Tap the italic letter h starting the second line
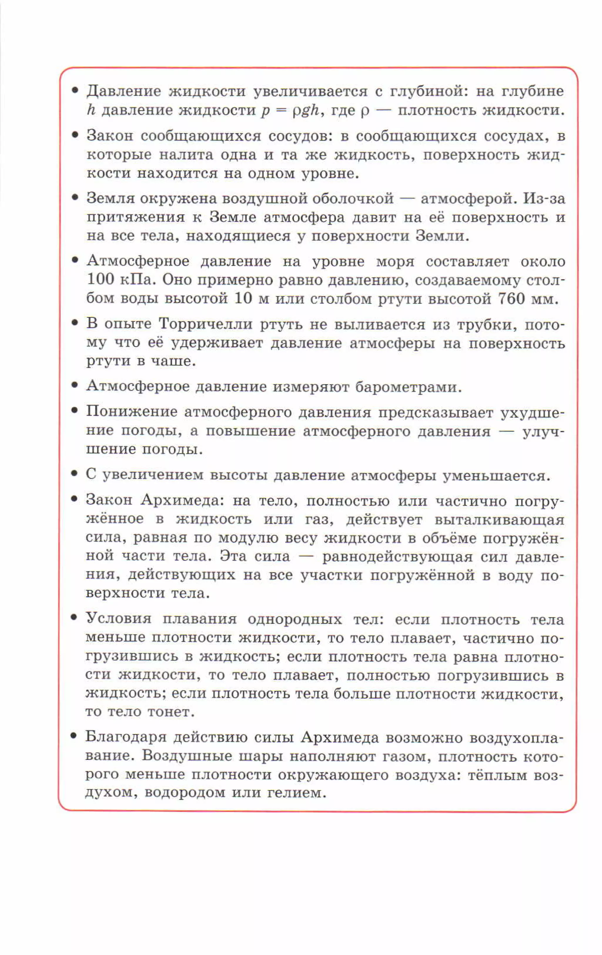[x=91, y=110]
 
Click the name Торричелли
[x=205, y=324]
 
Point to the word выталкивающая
[x=499, y=520]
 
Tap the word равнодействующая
[x=397, y=557]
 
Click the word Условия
[x=118, y=619]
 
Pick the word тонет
[x=171, y=712]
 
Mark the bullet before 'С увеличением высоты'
[x=74, y=474]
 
